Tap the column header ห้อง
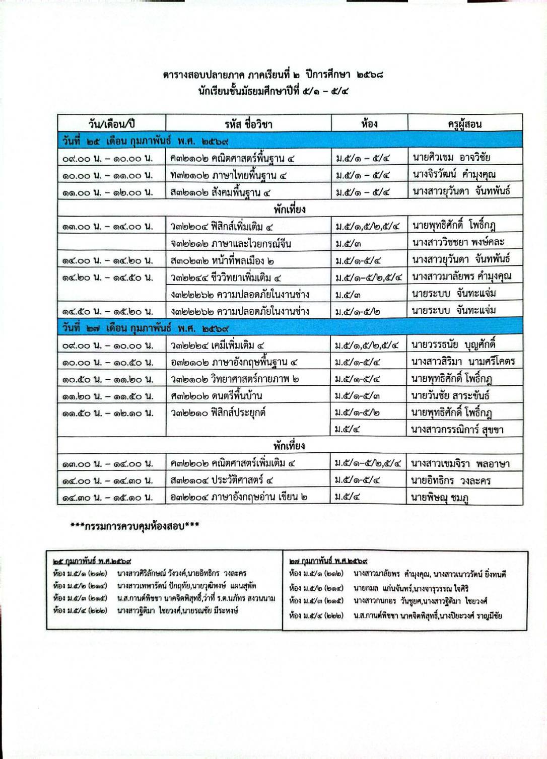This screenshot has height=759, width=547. (369, 123)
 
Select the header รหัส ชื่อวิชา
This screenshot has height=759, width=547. (248, 124)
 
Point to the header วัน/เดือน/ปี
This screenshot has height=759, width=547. (111, 124)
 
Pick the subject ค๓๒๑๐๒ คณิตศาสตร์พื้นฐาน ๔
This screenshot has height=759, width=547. (233, 158)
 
